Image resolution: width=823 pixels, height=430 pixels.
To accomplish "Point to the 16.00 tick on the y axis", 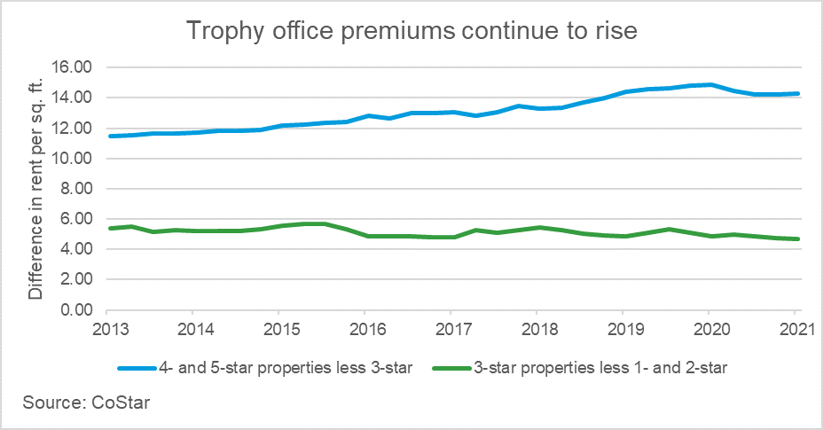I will click(x=74, y=67).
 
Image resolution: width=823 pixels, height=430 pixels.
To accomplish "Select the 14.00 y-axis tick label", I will click(x=74, y=98).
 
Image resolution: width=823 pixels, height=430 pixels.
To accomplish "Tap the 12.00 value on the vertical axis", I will click(x=74, y=129).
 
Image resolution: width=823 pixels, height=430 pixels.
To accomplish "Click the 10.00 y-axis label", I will click(x=74, y=159).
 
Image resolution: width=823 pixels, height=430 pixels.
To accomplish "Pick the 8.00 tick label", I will click(x=77, y=189).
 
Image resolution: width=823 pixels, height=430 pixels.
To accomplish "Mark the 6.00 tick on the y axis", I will click(x=77, y=219).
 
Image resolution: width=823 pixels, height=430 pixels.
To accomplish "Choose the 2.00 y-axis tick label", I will click(x=77, y=280).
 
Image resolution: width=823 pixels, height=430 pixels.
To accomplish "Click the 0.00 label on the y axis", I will click(x=77, y=310).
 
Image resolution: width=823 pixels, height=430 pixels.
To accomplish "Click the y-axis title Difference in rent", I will click(x=35, y=188).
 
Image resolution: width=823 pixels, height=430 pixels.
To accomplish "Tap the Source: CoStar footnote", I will click(x=75, y=403).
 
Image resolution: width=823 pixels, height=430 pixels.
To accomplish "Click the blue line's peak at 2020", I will click(x=709, y=85).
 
